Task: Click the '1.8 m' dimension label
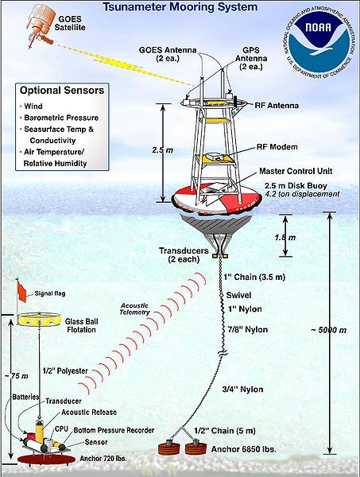[x=294, y=237]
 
